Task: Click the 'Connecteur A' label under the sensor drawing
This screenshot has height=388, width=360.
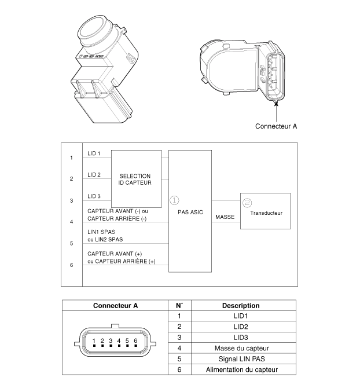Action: click(x=276, y=126)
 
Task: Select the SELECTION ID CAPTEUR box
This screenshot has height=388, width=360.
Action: click(x=135, y=179)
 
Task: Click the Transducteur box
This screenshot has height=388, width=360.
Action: click(x=266, y=213)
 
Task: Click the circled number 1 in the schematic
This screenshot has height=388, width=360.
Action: click(x=174, y=200)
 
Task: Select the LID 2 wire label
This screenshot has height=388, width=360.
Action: click(x=94, y=174)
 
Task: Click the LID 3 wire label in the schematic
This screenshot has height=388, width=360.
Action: click(x=94, y=196)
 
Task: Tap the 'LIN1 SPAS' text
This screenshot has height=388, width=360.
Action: click(x=101, y=231)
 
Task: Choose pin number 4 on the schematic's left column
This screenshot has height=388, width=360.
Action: click(x=71, y=222)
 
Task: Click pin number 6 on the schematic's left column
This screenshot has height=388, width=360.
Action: click(x=71, y=265)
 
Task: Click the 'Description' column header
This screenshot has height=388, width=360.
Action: click(x=240, y=305)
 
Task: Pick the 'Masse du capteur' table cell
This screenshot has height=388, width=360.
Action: click(x=240, y=348)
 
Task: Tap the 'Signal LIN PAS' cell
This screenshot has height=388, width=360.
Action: click(x=240, y=358)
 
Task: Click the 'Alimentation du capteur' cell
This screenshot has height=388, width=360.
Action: click(x=240, y=369)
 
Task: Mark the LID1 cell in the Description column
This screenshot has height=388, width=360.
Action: click(x=240, y=316)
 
